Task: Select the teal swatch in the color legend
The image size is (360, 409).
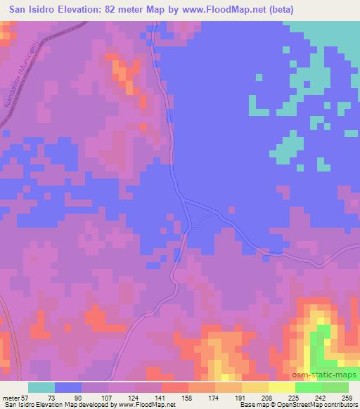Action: coord(41,387)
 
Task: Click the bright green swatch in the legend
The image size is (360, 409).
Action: coord(308,387)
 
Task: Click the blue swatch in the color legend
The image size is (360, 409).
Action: coord(68,387)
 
